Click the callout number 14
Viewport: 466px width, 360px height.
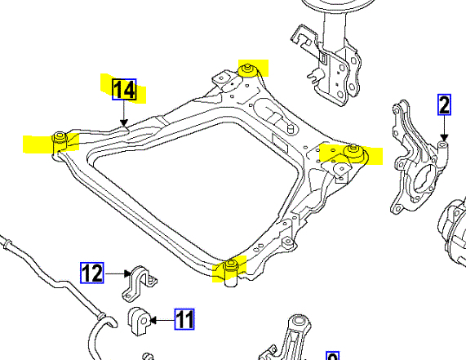click(125, 90)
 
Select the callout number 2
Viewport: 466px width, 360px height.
click(444, 104)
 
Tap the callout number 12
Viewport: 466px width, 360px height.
click(92, 273)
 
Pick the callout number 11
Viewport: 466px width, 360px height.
click(184, 319)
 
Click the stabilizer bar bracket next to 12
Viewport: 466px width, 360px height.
click(139, 283)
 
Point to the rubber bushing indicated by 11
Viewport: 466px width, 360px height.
click(140, 321)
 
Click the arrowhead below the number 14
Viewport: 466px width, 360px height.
click(124, 122)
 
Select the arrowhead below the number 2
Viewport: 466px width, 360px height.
click(444, 137)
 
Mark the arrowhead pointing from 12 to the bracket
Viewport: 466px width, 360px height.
click(127, 273)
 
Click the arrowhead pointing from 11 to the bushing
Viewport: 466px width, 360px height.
click(153, 320)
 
